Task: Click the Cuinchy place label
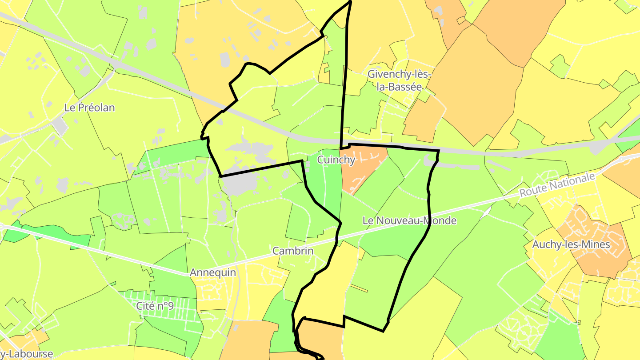336,160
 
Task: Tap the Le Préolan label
90,108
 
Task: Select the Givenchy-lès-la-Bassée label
399,80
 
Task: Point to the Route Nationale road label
557,185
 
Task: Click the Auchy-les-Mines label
571,244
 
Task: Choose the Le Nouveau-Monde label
409,220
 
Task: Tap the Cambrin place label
293,251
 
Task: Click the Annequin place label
213,272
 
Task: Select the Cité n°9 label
155,306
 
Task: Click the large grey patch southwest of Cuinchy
242,182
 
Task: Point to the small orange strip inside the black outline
359,289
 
